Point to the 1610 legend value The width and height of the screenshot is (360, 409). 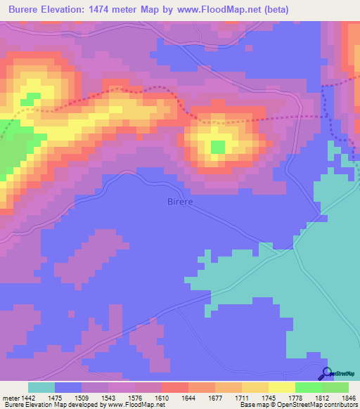click(x=167, y=398)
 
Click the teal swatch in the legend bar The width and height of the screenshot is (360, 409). click(x=41, y=387)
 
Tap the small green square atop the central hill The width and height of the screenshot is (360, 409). click(x=218, y=147)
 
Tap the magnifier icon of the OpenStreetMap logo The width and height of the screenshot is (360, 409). click(x=326, y=372)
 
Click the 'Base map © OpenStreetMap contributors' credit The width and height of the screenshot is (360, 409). click(x=298, y=405)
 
